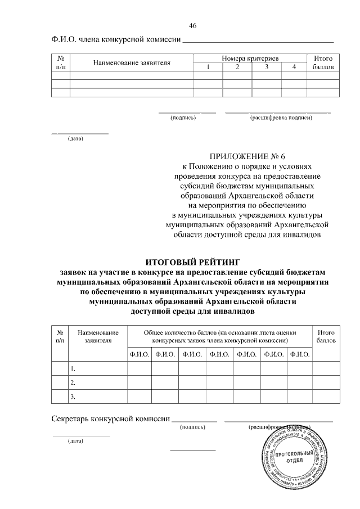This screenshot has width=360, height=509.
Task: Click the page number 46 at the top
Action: [193, 26]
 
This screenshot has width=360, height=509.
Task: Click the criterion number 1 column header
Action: [208, 67]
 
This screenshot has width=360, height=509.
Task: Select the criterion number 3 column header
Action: [266, 67]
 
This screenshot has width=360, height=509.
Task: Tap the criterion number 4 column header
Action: [294, 67]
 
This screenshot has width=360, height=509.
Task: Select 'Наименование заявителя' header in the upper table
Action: [132, 62]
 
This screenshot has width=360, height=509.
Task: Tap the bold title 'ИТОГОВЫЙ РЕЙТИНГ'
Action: [193, 262]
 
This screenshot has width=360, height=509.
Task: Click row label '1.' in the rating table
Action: [73, 368]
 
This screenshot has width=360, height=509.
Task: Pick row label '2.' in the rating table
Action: [73, 382]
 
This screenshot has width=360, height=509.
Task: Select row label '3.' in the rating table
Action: [73, 397]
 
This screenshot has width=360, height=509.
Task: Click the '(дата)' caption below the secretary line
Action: [75, 441]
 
